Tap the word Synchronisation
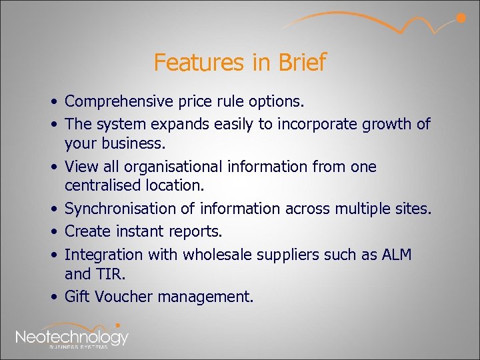click(x=121, y=209)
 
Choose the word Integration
click(x=103, y=254)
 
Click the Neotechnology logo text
click(x=71, y=337)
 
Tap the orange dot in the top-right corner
click(x=460, y=18)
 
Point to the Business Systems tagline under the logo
click(x=79, y=347)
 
